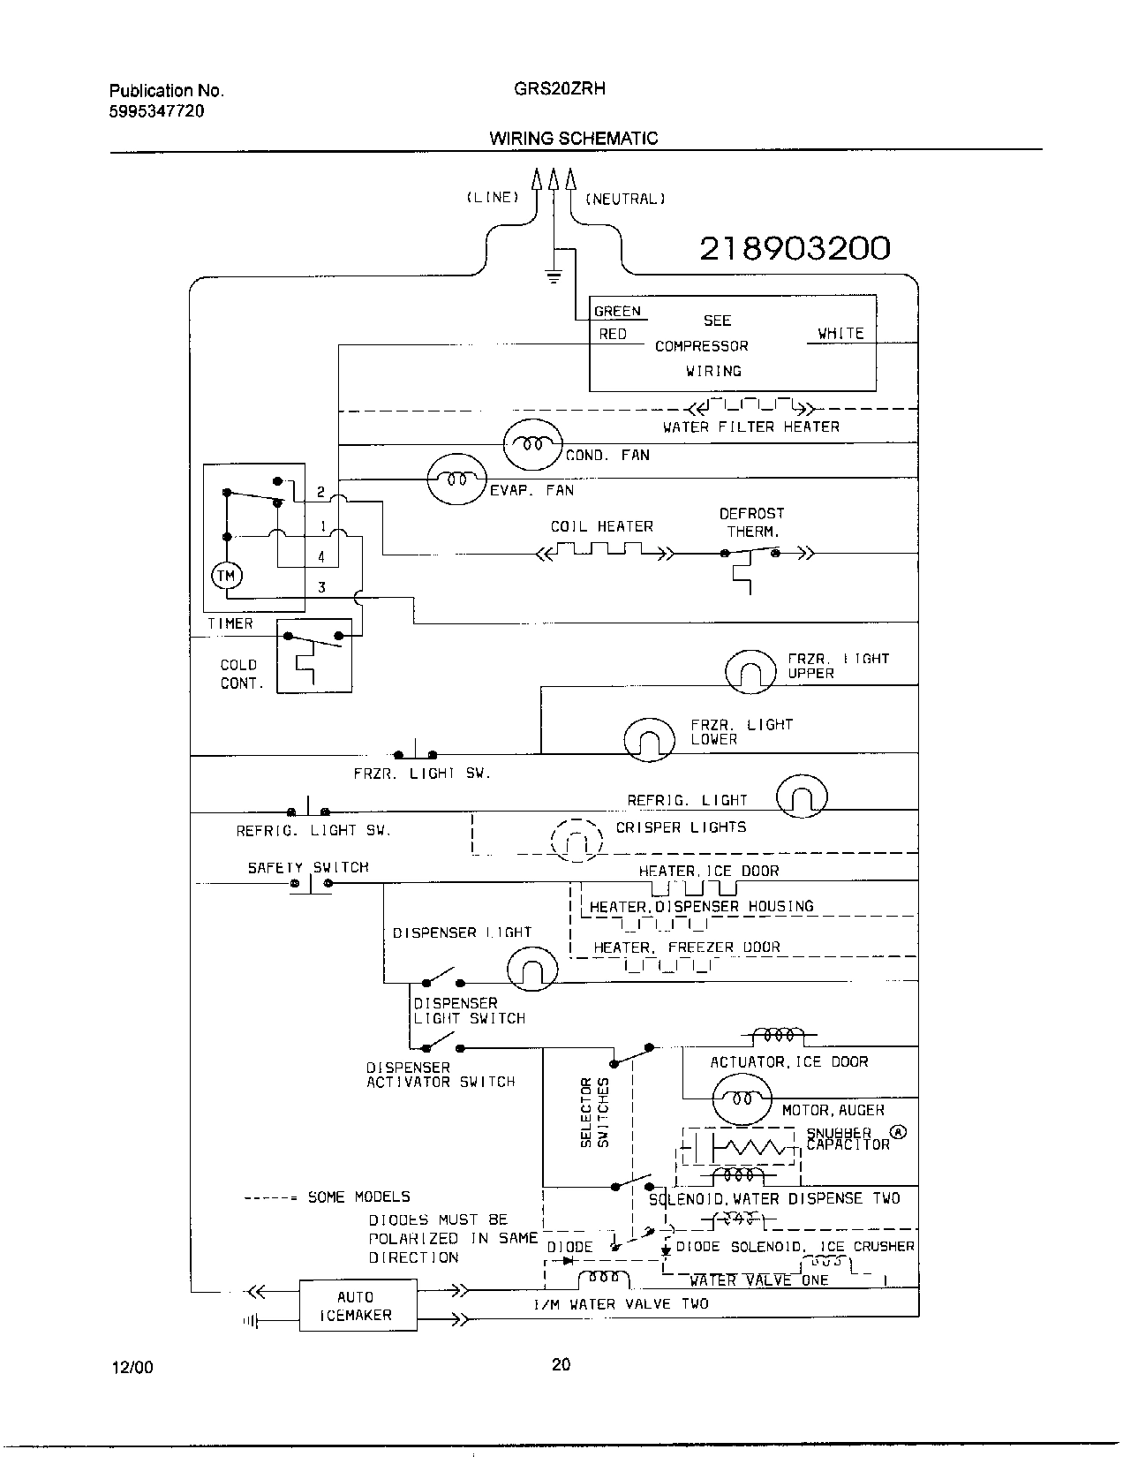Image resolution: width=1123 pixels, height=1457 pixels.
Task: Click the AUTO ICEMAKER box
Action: [x=358, y=1305]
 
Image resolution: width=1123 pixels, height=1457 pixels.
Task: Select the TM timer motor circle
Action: [x=227, y=576]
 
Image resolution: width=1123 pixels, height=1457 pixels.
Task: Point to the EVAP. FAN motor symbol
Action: [x=456, y=479]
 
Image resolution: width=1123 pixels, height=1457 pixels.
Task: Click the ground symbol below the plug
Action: [x=554, y=277]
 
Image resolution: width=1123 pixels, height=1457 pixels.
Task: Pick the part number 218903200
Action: [x=795, y=249]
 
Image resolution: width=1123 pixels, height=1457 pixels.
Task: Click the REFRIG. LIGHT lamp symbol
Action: [x=802, y=797]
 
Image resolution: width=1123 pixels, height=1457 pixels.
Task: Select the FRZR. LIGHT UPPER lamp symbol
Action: [x=750, y=673]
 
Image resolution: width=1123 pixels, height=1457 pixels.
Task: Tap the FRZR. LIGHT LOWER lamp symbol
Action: [x=650, y=740]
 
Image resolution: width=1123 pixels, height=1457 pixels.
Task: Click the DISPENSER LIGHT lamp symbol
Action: [x=532, y=970]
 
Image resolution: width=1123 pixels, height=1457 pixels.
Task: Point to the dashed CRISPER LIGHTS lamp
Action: [x=577, y=841]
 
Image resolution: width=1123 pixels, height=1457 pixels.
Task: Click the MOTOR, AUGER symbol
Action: [x=742, y=1098]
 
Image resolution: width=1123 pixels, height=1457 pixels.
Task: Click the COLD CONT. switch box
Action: [x=313, y=655]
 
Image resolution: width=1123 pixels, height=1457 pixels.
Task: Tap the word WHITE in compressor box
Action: [x=840, y=333]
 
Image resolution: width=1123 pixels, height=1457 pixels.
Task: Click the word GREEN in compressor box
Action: [x=617, y=311]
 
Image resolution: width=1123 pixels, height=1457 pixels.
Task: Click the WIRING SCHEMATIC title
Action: [x=573, y=138]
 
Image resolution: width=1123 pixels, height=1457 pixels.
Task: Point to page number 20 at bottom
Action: [x=561, y=1364]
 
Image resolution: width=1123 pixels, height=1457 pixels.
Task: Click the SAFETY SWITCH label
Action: [x=308, y=867]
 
